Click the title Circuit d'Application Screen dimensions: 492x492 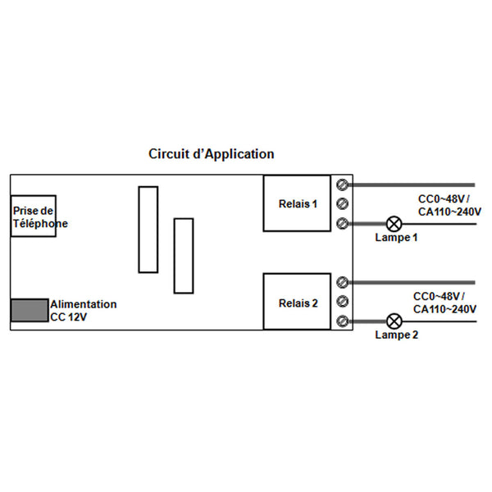[211, 154]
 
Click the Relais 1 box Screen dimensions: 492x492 [298, 203]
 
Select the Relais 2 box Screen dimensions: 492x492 [298, 303]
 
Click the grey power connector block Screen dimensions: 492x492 [29, 311]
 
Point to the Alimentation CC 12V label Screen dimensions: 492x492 [83, 310]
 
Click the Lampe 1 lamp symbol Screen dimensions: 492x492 [395, 223]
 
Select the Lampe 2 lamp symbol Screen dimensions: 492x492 [395, 321]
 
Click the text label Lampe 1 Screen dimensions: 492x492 [396, 238]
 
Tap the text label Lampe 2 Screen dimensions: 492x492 [396, 335]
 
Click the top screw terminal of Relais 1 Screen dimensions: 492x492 [343, 184]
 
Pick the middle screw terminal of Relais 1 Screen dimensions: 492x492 [343, 203]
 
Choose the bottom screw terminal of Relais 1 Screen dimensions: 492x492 [343, 223]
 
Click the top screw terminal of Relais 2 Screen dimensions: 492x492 [343, 283]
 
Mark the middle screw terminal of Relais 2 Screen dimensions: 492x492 [343, 302]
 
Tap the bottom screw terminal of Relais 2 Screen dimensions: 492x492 [343, 321]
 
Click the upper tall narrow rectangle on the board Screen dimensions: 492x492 [148, 230]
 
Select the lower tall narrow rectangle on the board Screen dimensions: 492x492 [184, 255]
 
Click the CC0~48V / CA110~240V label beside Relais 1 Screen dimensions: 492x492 [448, 205]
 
